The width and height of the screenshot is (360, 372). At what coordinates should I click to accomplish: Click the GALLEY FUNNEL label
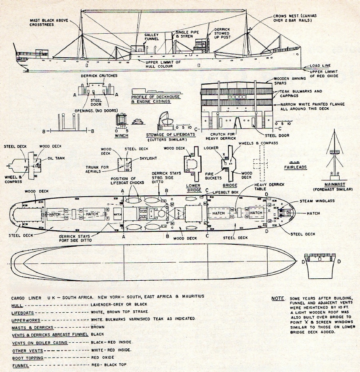click(152, 37)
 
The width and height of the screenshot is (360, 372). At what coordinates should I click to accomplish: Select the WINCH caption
click(121, 135)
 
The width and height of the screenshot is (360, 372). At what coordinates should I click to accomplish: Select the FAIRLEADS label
click(295, 167)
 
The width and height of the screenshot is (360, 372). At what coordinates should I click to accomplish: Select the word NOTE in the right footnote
click(277, 299)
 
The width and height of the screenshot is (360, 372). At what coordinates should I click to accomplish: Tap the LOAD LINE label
click(320, 66)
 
